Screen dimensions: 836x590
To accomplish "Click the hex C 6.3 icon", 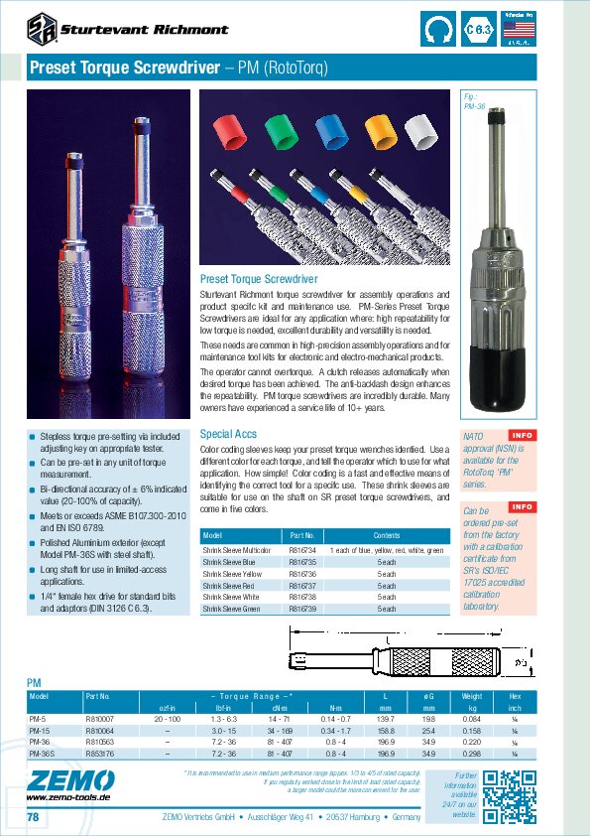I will click(479, 30).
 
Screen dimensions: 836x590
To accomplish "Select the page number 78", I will click(32, 816).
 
